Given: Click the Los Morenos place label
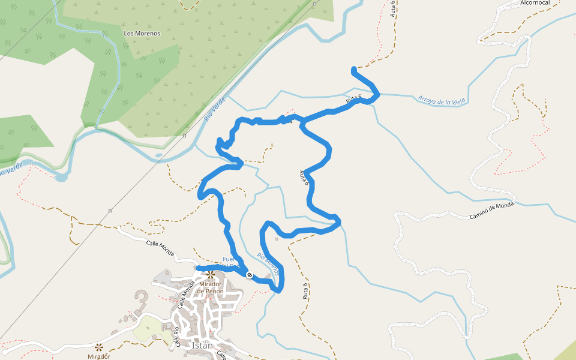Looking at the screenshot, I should (142, 34).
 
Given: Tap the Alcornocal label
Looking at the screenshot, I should (536, 3).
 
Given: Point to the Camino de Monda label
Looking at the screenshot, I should (492, 211).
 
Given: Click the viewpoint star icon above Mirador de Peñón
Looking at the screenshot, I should (211, 275).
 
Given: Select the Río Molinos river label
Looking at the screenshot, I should (268, 263).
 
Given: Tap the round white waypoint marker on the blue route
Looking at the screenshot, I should (249, 274).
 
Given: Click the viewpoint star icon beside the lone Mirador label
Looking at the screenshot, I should (98, 346).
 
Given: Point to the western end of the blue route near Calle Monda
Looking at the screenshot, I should (199, 267).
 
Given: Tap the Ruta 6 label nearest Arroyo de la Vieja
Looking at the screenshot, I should (353, 101).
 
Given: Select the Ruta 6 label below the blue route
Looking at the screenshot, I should (305, 290).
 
